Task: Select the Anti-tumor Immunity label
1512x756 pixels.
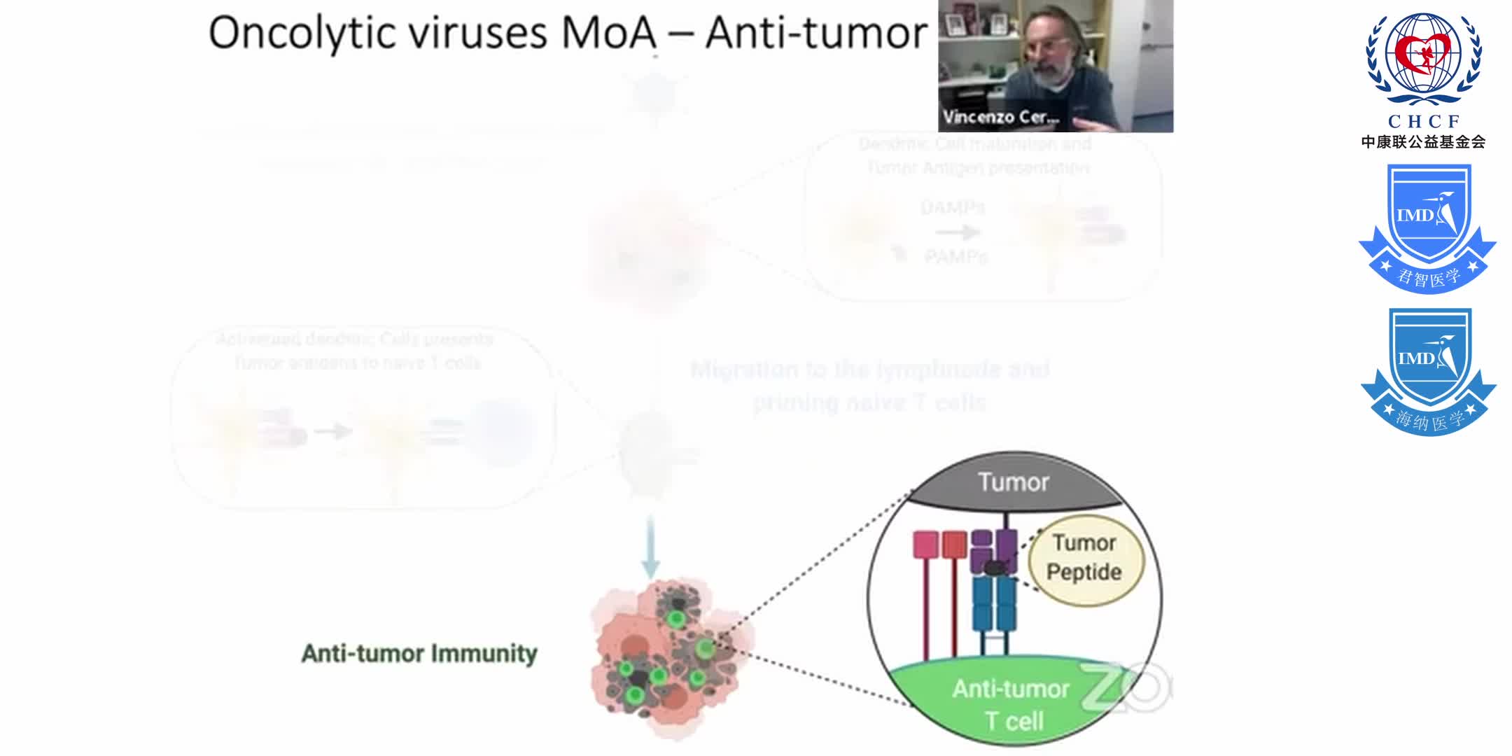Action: pos(419,653)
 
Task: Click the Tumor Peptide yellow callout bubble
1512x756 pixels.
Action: pos(1084,558)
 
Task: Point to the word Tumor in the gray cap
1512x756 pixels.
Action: pos(1013,482)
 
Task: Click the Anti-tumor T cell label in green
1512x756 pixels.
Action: pos(1012,704)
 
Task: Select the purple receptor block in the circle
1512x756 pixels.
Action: pos(994,549)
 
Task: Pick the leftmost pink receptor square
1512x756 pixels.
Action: pos(925,545)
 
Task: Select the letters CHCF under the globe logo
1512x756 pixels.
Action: pos(1424,121)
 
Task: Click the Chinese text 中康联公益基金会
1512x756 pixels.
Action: pos(1424,142)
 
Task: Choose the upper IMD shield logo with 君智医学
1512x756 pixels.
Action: pos(1427,227)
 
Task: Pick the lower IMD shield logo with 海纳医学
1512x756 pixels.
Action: pos(1428,371)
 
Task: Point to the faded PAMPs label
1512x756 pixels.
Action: pos(955,257)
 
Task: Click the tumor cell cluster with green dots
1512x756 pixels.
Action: pos(665,658)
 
